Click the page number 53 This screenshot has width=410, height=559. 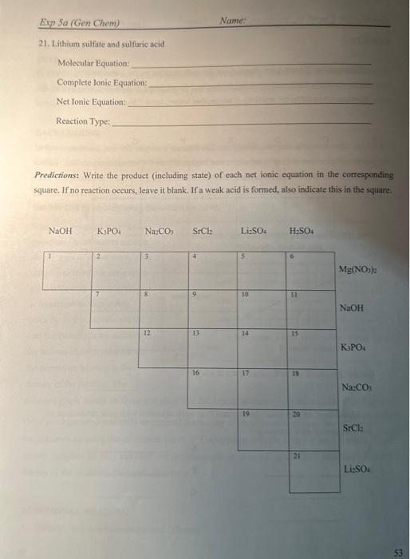click(x=397, y=550)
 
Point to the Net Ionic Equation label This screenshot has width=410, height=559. click(x=91, y=102)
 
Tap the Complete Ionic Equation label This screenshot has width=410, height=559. click(x=102, y=82)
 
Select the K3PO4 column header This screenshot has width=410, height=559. click(x=108, y=231)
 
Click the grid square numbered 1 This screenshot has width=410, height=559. click(x=65, y=271)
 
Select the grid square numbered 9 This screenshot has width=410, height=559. click(x=213, y=309)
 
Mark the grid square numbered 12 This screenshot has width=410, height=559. click(x=164, y=348)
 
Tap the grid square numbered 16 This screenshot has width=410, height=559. click(x=213, y=389)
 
